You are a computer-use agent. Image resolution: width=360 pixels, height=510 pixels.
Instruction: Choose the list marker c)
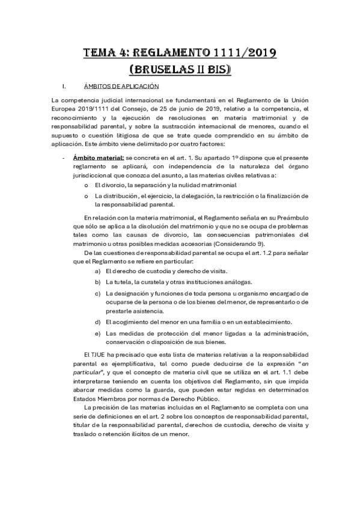pyautogui.click(x=97, y=293)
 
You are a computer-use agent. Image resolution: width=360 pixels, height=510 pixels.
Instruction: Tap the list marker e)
pyautogui.click(x=97, y=333)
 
